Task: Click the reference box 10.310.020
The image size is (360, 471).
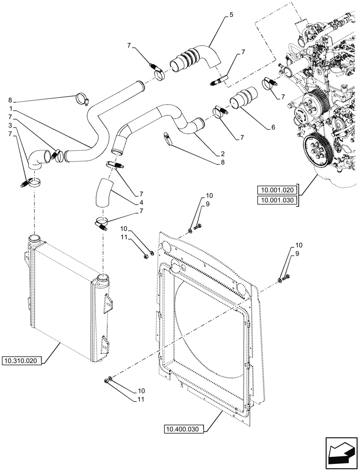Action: tap(24, 361)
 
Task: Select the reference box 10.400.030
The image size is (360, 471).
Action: tap(184, 429)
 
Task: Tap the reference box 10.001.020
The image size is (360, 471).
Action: tap(276, 190)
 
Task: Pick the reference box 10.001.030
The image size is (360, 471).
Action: tap(276, 200)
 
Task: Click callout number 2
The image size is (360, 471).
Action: tap(222, 154)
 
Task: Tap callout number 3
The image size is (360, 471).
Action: tap(10, 126)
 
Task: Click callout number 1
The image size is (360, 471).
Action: tap(10, 108)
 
